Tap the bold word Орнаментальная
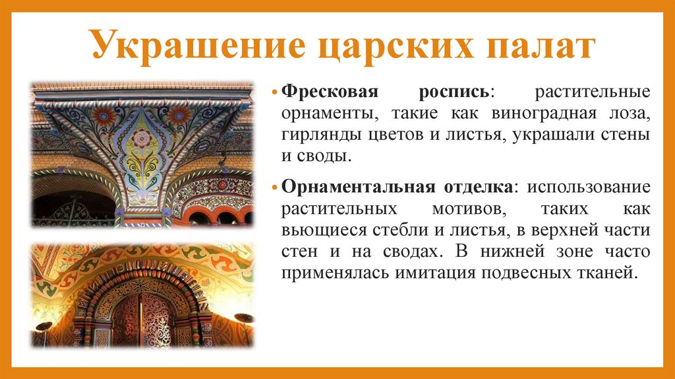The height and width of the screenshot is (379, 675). click(x=354, y=187)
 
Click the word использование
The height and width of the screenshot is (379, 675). click(x=589, y=187)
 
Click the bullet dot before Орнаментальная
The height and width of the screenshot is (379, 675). click(x=276, y=188)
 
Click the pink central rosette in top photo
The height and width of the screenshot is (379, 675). click(x=141, y=137)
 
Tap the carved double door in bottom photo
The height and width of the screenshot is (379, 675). click(x=142, y=320)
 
